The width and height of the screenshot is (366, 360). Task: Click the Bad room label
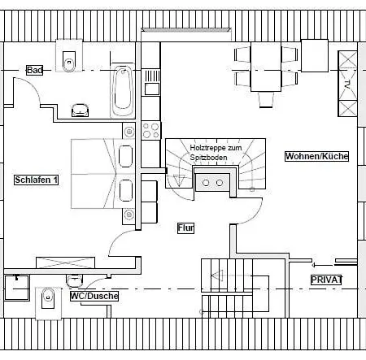[35, 70]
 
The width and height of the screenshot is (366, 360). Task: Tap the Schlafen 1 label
[36, 180]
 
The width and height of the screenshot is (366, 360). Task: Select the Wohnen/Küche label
[316, 156]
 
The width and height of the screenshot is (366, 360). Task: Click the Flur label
[185, 228]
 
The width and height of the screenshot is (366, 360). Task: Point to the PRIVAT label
[326, 280]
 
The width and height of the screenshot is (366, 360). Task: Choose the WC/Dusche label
[94, 296]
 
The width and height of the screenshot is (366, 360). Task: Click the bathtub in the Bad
[123, 91]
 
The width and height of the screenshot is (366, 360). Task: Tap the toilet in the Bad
[69, 61]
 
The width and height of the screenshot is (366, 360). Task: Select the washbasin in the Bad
[80, 111]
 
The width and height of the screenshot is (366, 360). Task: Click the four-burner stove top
[151, 130]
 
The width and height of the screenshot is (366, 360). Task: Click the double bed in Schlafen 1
[103, 174]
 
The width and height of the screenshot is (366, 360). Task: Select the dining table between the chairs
[266, 67]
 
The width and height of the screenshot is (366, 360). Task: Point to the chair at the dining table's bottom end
[266, 100]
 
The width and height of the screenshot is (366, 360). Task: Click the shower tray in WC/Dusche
[17, 288]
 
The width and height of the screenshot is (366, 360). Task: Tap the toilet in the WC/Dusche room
[48, 298]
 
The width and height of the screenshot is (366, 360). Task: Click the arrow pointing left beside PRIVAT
[323, 265]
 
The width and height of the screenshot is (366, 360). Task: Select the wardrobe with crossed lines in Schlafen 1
[65, 262]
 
